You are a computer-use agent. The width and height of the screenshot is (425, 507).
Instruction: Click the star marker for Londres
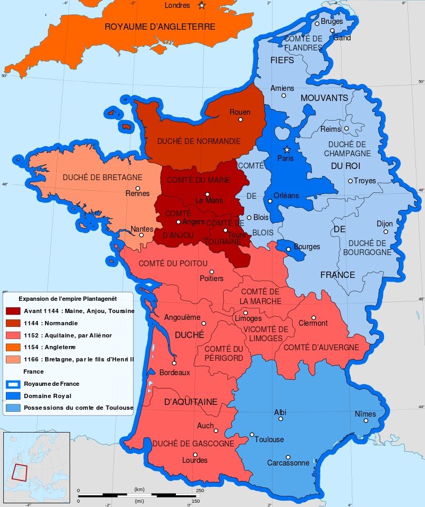coord(201,5)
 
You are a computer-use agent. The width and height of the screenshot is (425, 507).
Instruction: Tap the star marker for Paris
coord(287,149)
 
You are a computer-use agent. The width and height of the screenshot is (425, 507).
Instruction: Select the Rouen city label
coord(240,112)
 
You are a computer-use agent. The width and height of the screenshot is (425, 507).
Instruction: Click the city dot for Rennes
coord(138,188)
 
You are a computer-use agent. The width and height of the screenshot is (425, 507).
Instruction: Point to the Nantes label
coord(142,229)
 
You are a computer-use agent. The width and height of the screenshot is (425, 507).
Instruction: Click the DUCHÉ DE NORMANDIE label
coord(199,141)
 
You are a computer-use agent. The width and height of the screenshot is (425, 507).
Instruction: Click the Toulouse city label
coord(269,440)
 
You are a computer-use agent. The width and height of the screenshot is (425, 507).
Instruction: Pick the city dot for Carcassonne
coord(287,457)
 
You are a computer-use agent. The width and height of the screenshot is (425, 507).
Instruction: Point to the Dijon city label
coord(385,224)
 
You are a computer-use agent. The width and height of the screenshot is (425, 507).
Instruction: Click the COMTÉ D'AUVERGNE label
coord(321,347)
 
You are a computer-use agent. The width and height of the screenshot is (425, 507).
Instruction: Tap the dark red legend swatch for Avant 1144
coord(13,311)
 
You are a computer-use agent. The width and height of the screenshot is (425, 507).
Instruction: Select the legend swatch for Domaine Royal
coord(13,395)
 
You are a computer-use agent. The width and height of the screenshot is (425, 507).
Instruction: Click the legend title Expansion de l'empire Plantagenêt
coord(67,298)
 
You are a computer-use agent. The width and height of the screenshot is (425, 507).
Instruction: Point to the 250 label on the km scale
coord(200,490)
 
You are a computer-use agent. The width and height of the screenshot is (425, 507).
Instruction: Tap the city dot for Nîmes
coord(365,420)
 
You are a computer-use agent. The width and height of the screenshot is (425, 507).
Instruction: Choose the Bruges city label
coord(331,21)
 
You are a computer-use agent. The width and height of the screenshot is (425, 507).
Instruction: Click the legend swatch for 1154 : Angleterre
coord(13,347)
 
